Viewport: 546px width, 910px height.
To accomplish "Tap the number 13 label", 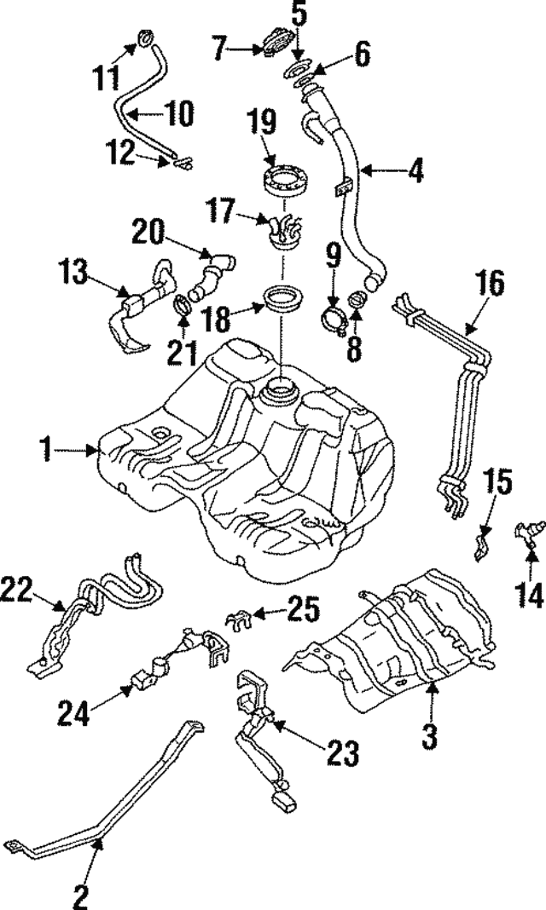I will point(72,274).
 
